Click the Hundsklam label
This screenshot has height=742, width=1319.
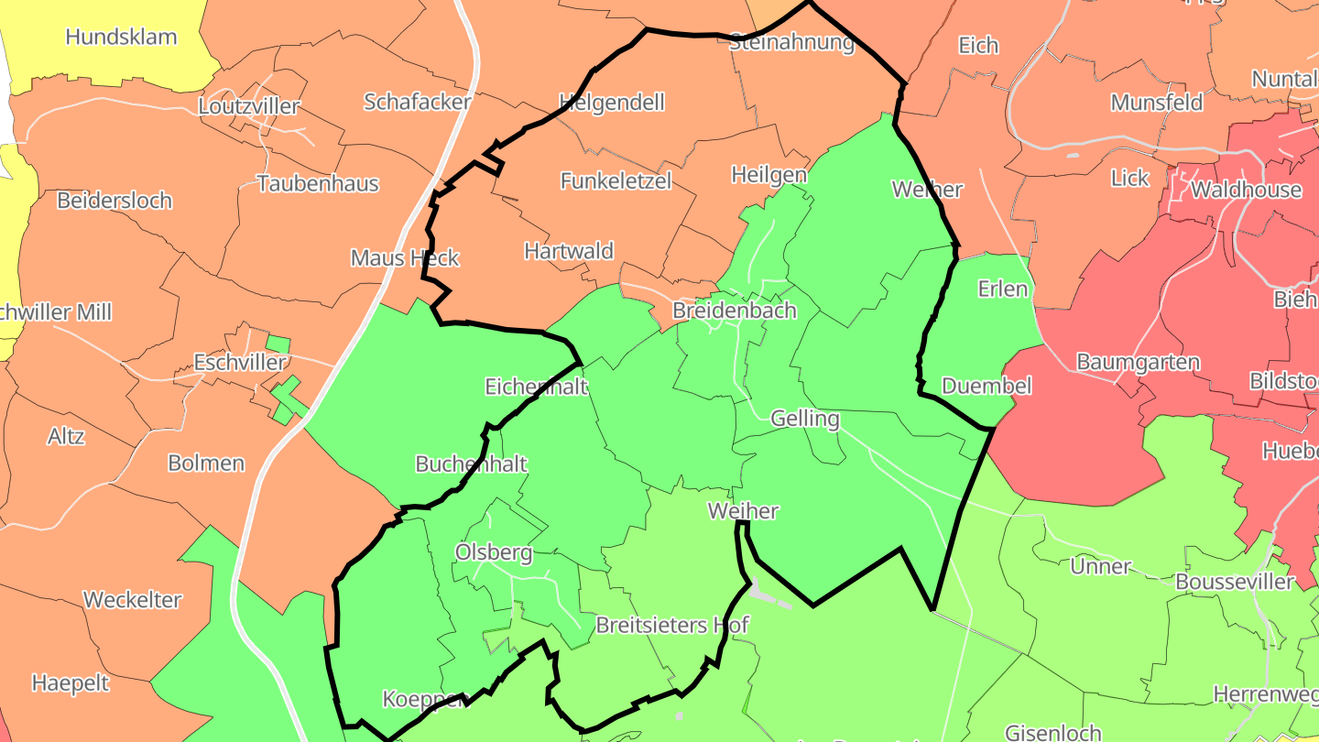(x=121, y=38)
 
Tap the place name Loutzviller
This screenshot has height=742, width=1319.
(x=249, y=106)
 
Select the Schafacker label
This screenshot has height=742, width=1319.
(x=418, y=102)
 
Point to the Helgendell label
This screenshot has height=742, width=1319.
(x=612, y=102)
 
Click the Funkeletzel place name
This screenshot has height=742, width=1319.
(x=616, y=180)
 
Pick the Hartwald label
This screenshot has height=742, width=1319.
(x=569, y=251)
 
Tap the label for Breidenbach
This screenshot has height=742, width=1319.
(x=735, y=311)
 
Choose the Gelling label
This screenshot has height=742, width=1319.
(x=806, y=419)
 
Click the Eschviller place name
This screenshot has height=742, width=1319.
(x=240, y=363)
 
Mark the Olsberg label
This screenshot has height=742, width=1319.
(x=494, y=552)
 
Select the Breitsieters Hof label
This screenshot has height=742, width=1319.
(x=672, y=625)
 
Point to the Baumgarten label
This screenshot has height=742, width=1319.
(x=1138, y=362)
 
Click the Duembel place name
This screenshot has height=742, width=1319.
(x=987, y=386)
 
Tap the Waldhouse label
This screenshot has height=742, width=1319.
(x=1246, y=190)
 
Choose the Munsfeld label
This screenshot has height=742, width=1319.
(x=1157, y=103)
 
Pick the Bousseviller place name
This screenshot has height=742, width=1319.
(x=1235, y=582)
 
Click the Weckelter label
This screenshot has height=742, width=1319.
(x=133, y=600)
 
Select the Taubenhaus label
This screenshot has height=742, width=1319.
(x=318, y=183)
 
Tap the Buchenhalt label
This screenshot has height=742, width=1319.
(x=472, y=464)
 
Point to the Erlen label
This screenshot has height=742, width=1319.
(x=1003, y=289)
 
